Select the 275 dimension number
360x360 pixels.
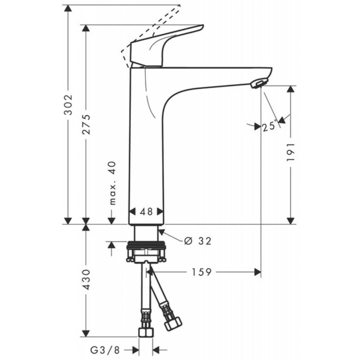click(x=86, y=124)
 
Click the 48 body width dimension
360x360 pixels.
click(x=146, y=211)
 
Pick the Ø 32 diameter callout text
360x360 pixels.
click(x=198, y=241)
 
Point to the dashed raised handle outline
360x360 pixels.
click(x=153, y=27)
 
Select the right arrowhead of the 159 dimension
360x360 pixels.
click(x=258, y=272)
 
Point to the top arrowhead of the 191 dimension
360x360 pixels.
click(x=291, y=89)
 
